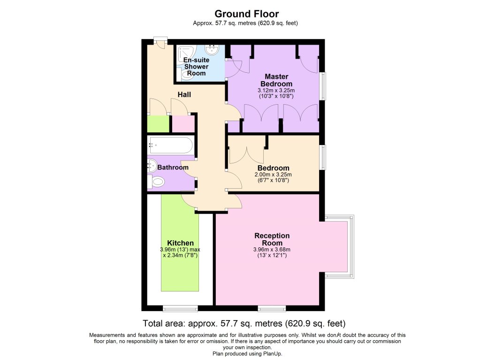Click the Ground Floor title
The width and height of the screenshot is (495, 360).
246,14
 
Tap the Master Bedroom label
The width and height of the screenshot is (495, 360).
276,80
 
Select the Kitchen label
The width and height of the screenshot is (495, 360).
180,243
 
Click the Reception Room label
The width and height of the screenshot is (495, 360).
272,239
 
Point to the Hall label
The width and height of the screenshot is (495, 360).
184,94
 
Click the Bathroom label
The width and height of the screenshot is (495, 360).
173,168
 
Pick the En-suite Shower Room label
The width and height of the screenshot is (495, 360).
196,67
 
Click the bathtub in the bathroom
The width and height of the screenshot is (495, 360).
170,145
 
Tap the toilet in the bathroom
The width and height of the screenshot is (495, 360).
157,182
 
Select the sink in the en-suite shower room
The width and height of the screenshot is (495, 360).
212,50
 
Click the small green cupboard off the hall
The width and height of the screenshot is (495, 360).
158,124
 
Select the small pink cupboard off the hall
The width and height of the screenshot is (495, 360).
183,124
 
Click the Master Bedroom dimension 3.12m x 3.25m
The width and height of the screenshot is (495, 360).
276,90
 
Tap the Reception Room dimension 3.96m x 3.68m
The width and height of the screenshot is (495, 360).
272,250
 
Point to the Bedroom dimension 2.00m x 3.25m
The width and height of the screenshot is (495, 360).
273,175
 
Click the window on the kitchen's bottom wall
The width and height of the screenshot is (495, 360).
180,308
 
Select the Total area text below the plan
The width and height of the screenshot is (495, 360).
244,324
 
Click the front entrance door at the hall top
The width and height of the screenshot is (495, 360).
160,43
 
